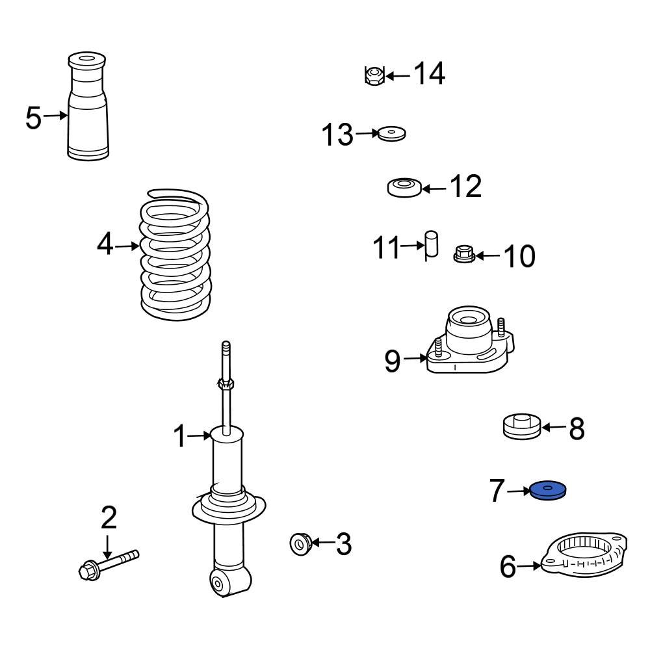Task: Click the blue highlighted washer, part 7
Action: pos(548,491)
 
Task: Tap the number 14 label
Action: pos(430,74)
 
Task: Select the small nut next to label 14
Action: pos(374,76)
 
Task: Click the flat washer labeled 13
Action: pos(392,134)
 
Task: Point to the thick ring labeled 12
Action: pos(404,188)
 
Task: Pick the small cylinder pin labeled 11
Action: pos(431,246)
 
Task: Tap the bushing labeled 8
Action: pos(522,428)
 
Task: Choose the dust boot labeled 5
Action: pos(88,107)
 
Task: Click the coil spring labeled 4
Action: pos(175,257)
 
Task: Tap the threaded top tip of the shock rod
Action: pos(226,348)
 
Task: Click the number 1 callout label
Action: pos(180,437)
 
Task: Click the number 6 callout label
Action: pos(508,567)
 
